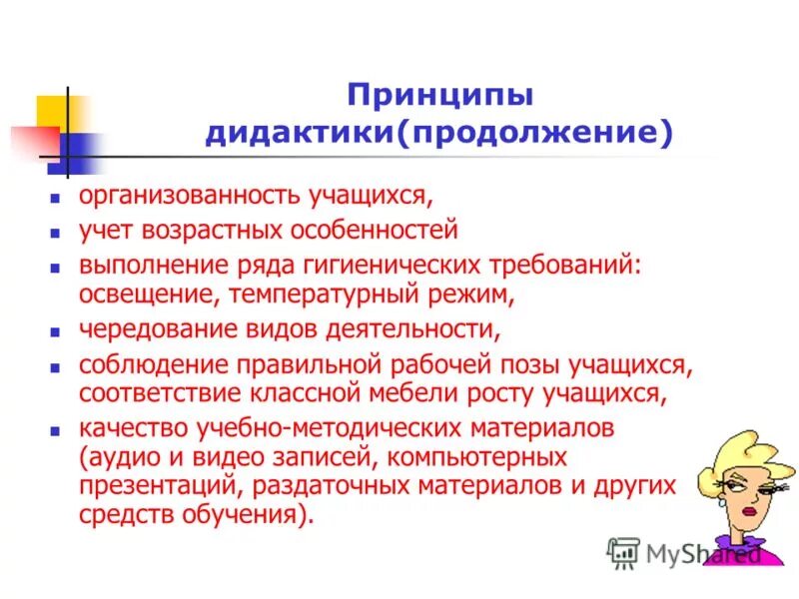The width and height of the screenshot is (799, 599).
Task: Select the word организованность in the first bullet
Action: click(174, 196)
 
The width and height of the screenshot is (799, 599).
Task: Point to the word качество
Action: click(123, 429)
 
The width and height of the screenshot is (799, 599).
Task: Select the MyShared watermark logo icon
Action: click(623, 552)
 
